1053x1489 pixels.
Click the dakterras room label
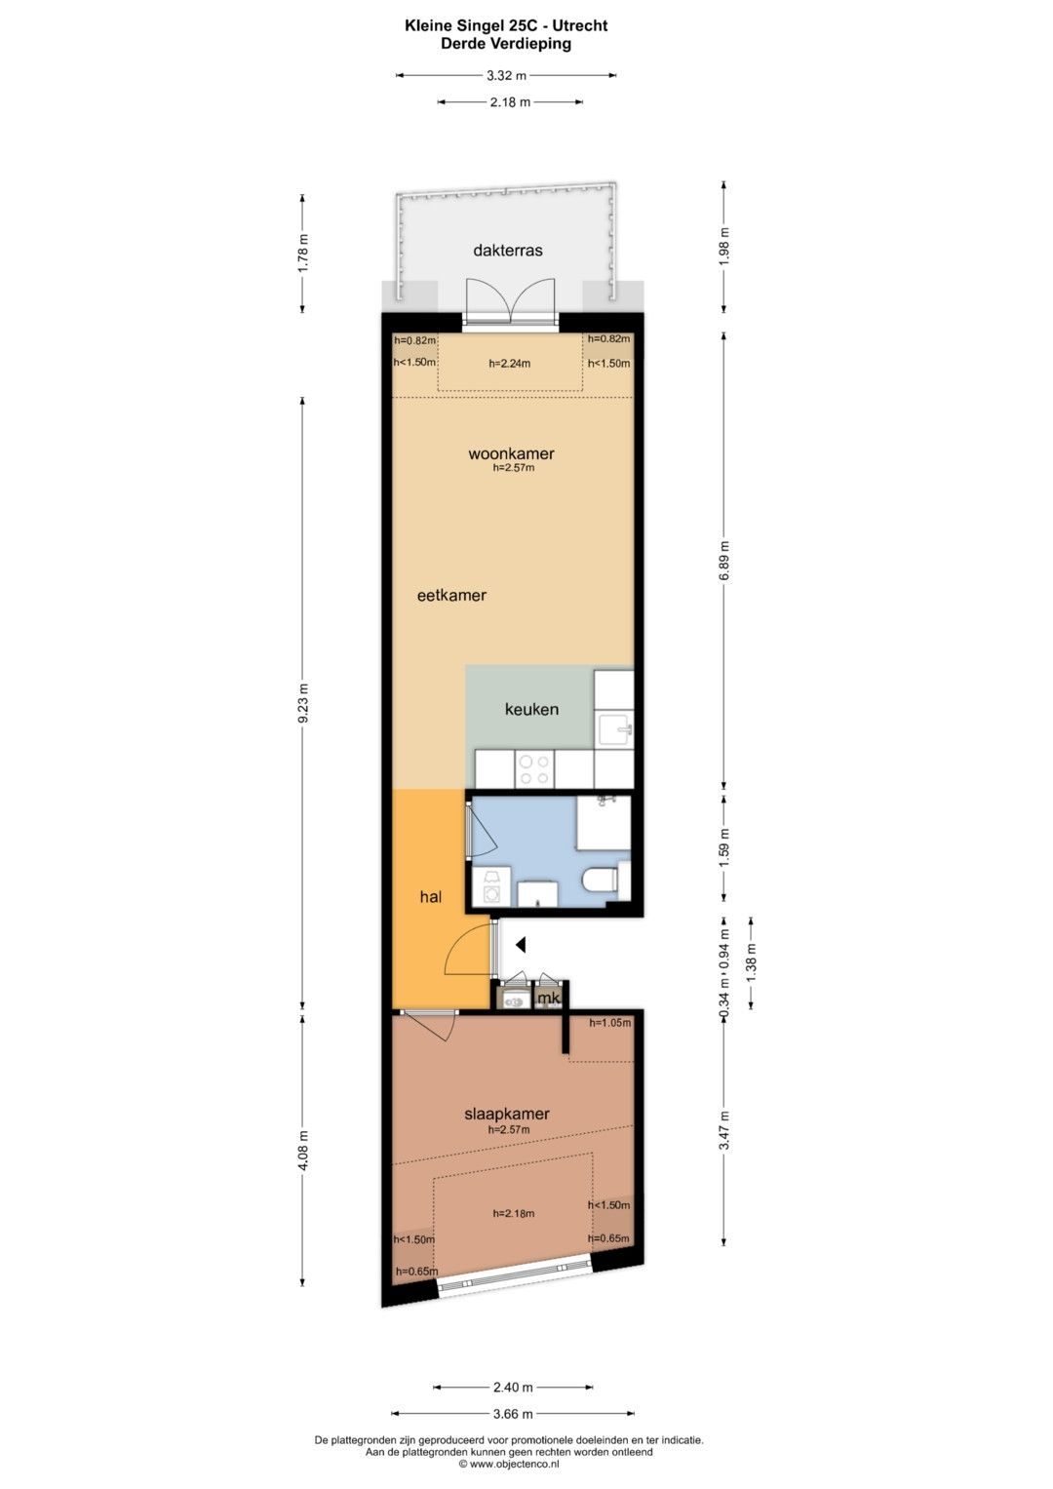pyautogui.click(x=508, y=250)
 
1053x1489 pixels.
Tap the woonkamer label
pyautogui.click(x=511, y=454)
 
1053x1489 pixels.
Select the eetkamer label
pyautogui.click(x=451, y=595)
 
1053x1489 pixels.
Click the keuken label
pyautogui.click(x=531, y=709)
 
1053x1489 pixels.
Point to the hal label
pyautogui.click(x=431, y=897)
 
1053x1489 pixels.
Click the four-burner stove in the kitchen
pyautogui.click(x=534, y=769)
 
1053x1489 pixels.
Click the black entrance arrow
pyautogui.click(x=522, y=944)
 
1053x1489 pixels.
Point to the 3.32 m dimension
pyautogui.click(x=506, y=76)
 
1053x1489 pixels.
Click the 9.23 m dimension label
pyautogui.click(x=302, y=703)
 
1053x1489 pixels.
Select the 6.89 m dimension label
pyautogui.click(x=723, y=560)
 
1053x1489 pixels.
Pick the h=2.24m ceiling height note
pyautogui.click(x=509, y=364)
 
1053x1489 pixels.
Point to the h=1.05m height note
pyautogui.click(x=609, y=1023)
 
